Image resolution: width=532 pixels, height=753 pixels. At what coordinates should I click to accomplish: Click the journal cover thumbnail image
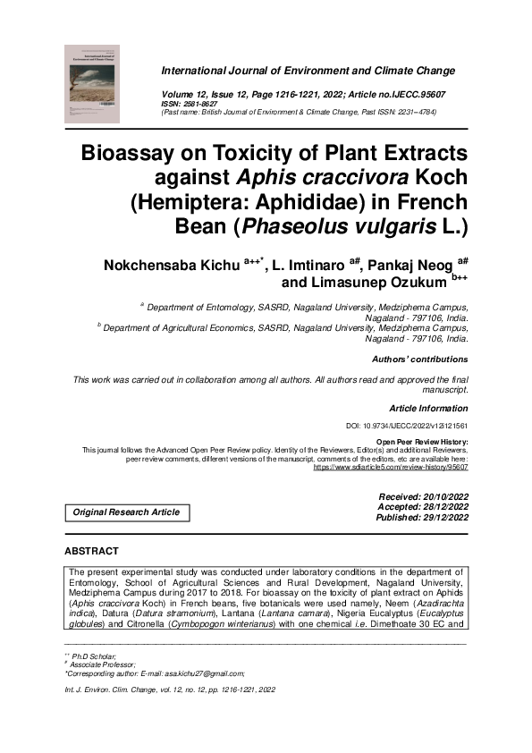[x=92, y=83]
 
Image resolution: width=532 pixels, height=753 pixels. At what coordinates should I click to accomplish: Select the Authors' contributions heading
[x=419, y=360]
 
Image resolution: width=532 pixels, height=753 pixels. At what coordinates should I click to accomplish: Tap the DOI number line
[x=406, y=427]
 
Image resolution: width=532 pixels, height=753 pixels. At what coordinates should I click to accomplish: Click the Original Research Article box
[x=126, y=512]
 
